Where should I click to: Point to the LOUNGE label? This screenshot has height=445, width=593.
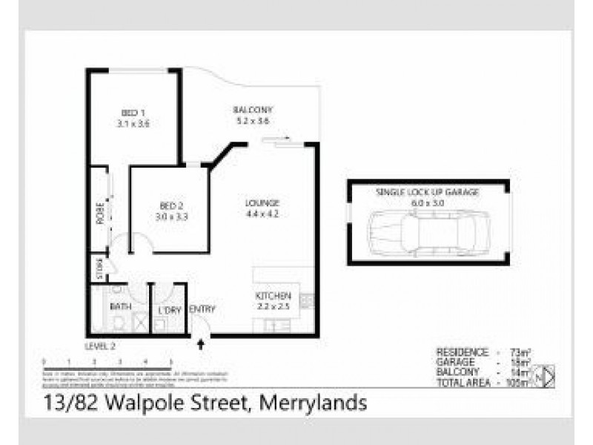pyautogui.click(x=262, y=203)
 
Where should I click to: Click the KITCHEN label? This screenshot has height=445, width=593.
pyautogui.click(x=268, y=295)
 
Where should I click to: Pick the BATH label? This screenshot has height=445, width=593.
pyautogui.click(x=120, y=306)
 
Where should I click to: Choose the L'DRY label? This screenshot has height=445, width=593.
pyautogui.click(x=170, y=311)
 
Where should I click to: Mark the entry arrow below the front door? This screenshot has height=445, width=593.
pyautogui.click(x=199, y=343)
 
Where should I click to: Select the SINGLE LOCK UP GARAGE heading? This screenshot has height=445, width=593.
pyautogui.click(x=428, y=191)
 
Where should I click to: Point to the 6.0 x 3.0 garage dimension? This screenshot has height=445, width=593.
pyautogui.click(x=428, y=201)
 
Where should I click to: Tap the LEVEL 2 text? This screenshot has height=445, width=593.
pyautogui.click(x=101, y=346)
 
